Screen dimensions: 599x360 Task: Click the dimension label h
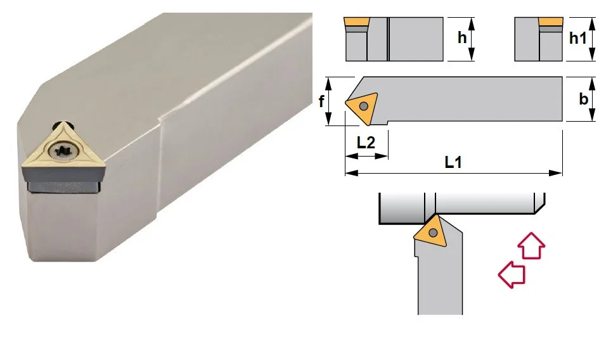[462, 38]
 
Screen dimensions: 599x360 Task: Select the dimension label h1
[577, 38]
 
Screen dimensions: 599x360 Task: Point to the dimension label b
[583, 99]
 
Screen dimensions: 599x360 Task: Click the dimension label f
[321, 101]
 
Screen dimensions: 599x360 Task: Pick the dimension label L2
[366, 143]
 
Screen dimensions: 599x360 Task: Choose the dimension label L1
[453, 162]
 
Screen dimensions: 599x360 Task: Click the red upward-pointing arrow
[531, 246]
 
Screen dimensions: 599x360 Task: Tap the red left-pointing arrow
[512, 274]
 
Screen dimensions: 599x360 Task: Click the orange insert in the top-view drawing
[362, 107]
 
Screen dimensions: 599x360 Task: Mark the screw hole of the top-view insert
[364, 106]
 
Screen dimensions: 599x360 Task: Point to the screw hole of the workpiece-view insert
[433, 233]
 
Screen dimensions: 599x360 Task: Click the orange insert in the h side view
[356, 22]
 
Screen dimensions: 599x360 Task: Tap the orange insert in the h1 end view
[550, 22]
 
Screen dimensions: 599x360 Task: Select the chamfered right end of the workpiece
[539, 203]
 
